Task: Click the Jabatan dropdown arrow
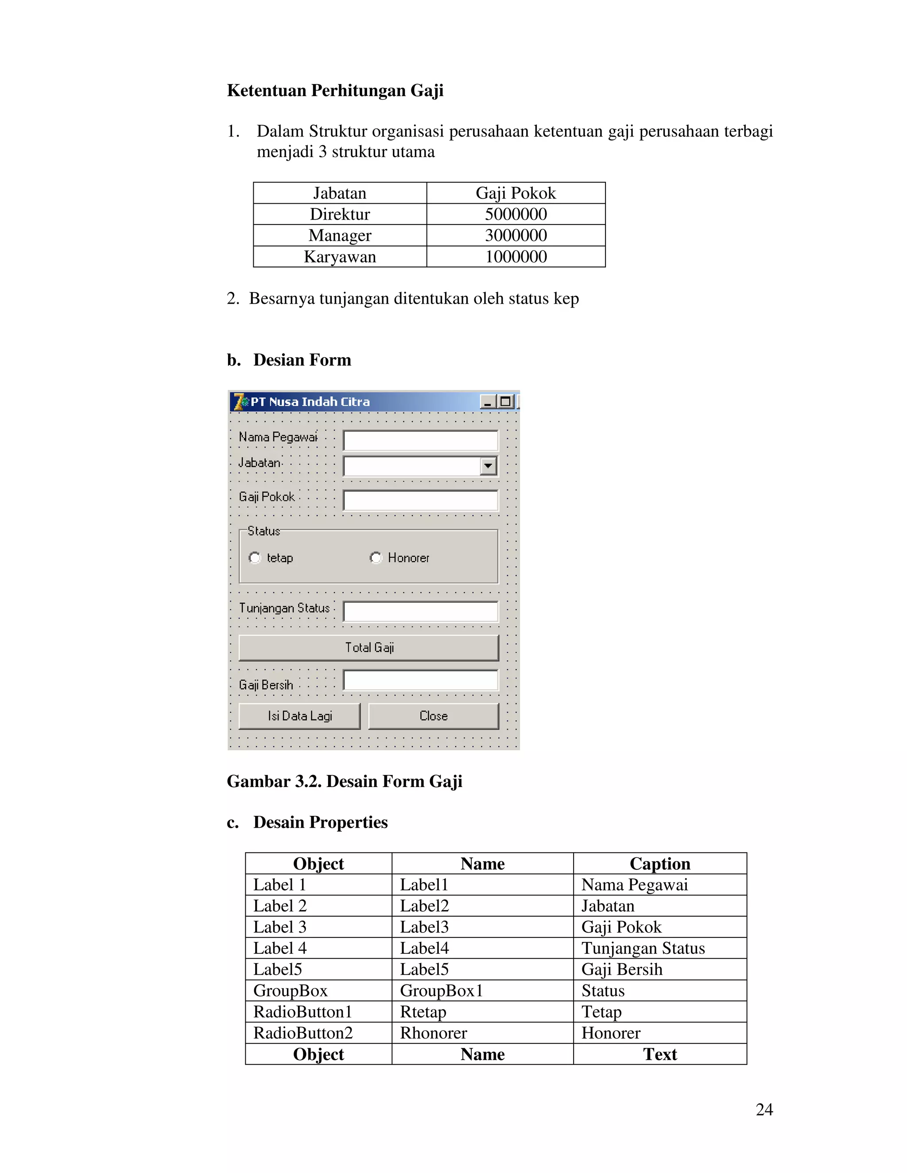(x=488, y=466)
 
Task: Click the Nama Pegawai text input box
(x=420, y=440)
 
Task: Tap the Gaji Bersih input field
(x=420, y=680)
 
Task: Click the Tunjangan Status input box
(x=420, y=611)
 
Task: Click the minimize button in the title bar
(x=488, y=402)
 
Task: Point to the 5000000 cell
(x=516, y=214)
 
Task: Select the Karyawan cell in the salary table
(x=340, y=257)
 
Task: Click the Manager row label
(x=340, y=235)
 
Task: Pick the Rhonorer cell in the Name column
(x=434, y=1033)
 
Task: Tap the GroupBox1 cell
(x=441, y=990)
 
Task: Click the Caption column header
(x=660, y=864)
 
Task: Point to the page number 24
(x=764, y=1109)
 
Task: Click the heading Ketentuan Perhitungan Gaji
(x=335, y=90)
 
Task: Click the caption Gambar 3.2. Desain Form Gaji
(x=345, y=781)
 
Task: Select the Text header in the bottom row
(x=660, y=1054)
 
